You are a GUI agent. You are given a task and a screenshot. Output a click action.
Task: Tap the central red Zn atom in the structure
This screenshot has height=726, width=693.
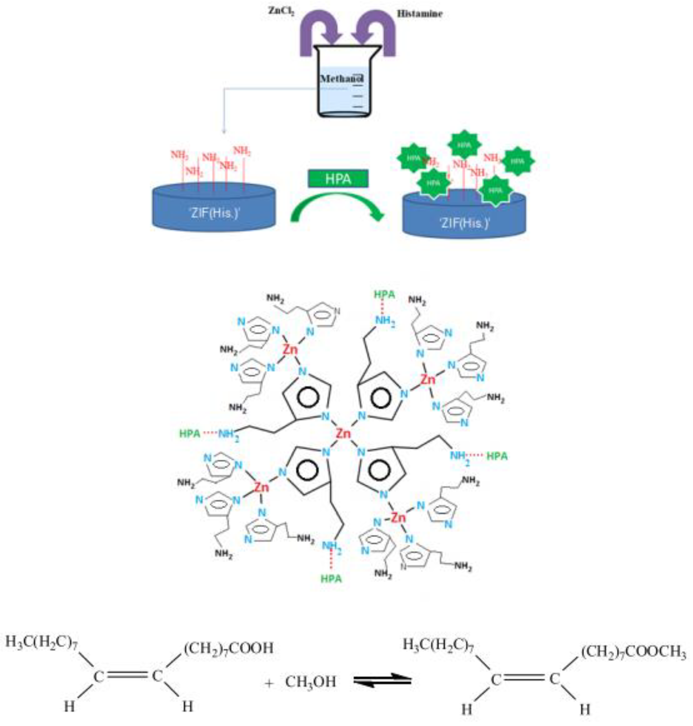point(343,433)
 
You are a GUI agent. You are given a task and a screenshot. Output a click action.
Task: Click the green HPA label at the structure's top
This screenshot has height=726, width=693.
point(384,295)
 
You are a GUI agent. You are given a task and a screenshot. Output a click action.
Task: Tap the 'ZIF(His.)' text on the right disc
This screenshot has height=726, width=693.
point(464,223)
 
